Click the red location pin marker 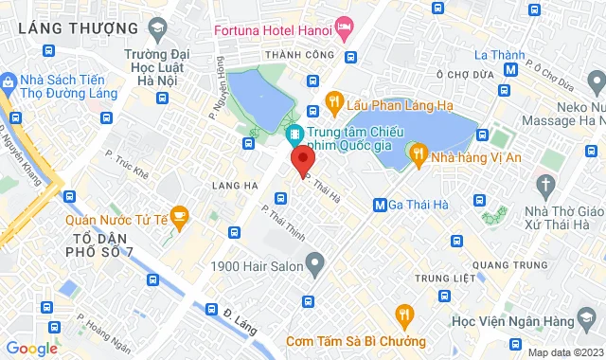302,159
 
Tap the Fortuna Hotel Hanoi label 273,29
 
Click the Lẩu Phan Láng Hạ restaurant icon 333,100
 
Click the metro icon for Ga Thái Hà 380,204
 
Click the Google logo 31,348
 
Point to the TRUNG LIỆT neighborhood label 442,279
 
